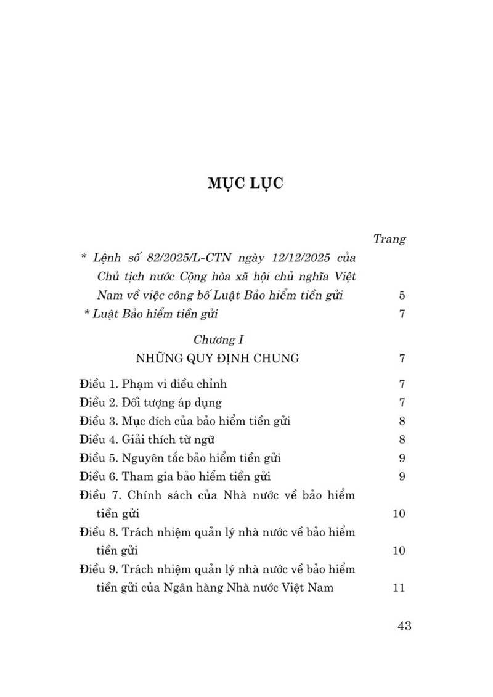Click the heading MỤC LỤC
(x=246, y=184)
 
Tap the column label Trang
(x=389, y=238)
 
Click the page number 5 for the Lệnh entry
(x=402, y=295)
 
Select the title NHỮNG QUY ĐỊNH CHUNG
(x=218, y=358)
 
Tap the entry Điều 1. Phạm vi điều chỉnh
(x=153, y=384)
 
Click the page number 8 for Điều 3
(x=402, y=422)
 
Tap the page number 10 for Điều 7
(x=399, y=513)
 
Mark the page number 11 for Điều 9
(x=399, y=587)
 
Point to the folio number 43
(x=404, y=626)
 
